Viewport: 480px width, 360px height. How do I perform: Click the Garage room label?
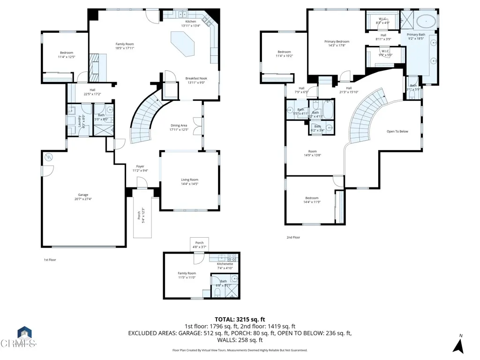(x=83, y=195)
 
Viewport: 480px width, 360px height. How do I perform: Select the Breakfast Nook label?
(x=196, y=79)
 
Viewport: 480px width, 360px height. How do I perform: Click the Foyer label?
(x=140, y=166)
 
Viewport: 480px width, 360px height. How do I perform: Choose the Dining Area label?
(x=179, y=125)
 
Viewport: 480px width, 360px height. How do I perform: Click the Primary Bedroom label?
(x=337, y=42)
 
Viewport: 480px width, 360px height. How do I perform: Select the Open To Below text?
(x=397, y=131)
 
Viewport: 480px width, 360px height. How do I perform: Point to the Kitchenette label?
(x=225, y=264)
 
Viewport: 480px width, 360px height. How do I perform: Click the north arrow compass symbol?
(x=458, y=345)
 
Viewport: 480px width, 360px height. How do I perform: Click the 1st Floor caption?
(x=50, y=259)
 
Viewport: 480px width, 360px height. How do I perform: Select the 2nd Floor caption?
(x=293, y=238)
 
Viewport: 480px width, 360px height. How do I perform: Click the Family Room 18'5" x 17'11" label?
(x=125, y=46)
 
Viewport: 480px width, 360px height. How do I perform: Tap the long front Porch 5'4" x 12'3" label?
(x=138, y=215)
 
